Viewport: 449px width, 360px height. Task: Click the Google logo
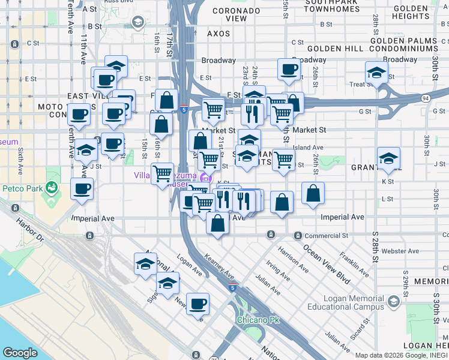point(20,353)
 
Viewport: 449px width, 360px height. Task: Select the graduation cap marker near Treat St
point(377,73)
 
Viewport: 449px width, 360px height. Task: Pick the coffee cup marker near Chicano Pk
point(197,304)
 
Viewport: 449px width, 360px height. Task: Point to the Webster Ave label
point(403,251)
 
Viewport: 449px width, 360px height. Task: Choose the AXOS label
point(218,34)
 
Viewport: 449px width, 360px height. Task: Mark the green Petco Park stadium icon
point(53,187)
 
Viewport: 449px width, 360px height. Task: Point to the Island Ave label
point(308,147)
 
